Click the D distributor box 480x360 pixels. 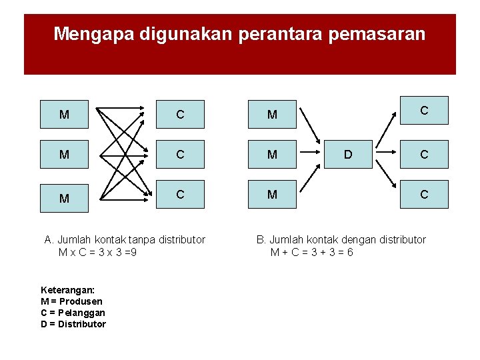pyautogui.click(x=347, y=155)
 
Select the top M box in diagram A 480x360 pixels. pyautogui.click(x=64, y=114)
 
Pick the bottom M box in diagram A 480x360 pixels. pyautogui.click(x=64, y=198)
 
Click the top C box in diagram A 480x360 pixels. pyautogui.click(x=180, y=114)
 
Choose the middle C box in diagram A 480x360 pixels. pyautogui.click(x=180, y=155)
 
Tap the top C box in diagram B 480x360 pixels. pyautogui.click(x=424, y=110)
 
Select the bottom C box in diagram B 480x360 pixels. pyautogui.click(x=424, y=195)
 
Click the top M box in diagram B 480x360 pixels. pyautogui.click(x=272, y=114)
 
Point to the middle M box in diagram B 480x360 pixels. pyautogui.click(x=272, y=155)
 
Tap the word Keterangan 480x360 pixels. pyautogui.click(x=67, y=290)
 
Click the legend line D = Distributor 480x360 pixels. pyautogui.click(x=73, y=324)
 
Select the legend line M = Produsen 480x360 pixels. pyautogui.click(x=71, y=301)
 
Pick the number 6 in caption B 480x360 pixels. pyautogui.click(x=350, y=252)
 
